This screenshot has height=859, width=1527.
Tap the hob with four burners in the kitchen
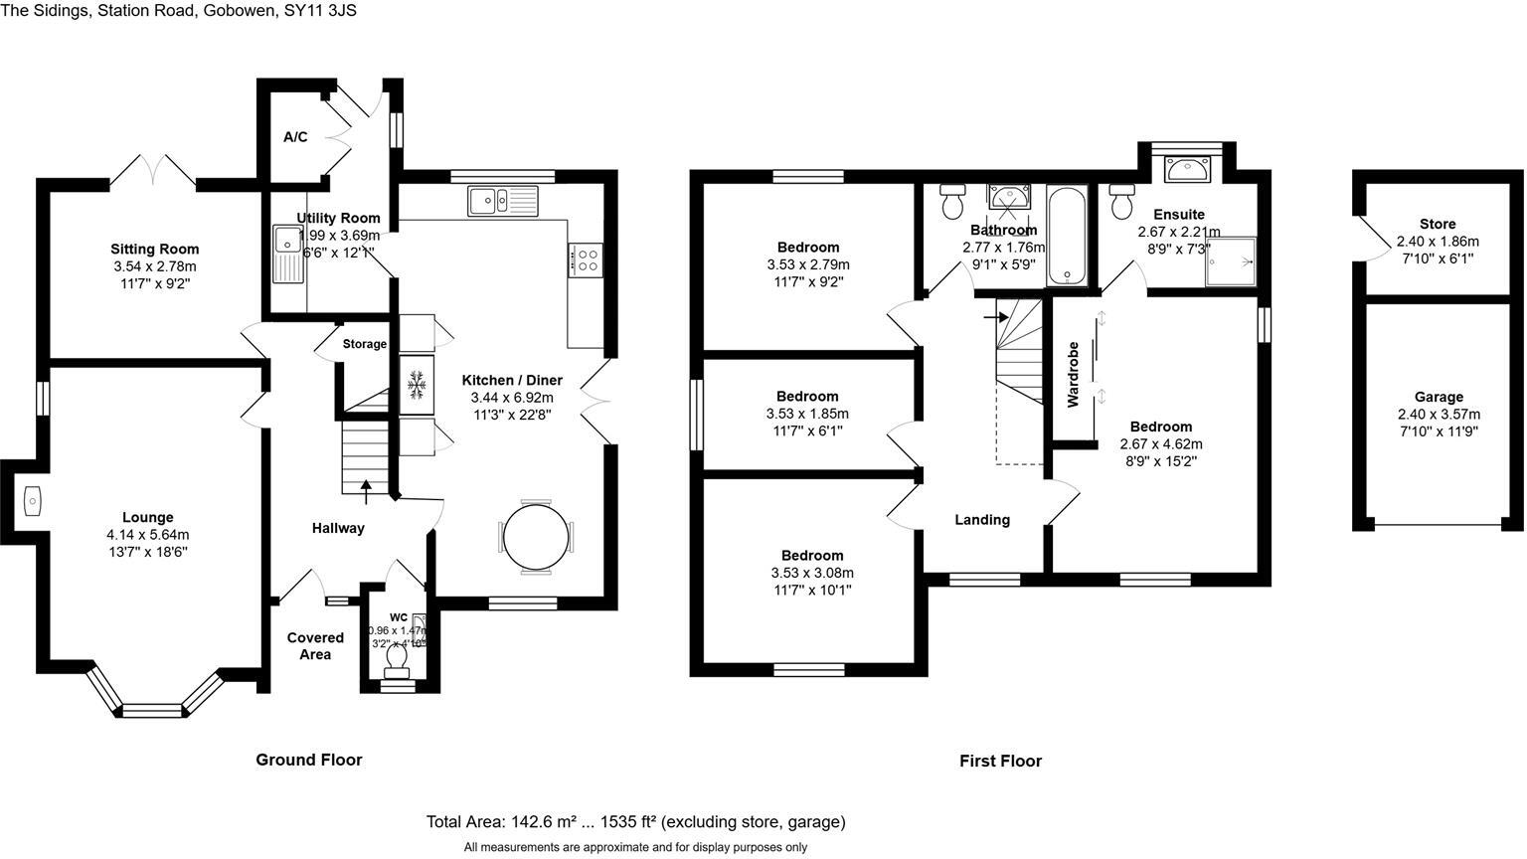(x=586, y=260)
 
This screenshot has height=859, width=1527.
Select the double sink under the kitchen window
(x=503, y=201)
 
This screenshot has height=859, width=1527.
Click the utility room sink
(x=288, y=254)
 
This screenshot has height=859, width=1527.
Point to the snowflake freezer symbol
(x=418, y=384)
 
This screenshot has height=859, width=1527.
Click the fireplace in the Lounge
(x=31, y=501)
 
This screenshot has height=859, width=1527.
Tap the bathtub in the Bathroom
(x=1070, y=236)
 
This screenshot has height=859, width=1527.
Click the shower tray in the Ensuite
(x=1231, y=260)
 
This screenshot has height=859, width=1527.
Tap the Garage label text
(x=1438, y=397)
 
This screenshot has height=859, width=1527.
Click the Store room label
(x=1438, y=225)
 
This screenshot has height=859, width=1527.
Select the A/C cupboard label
(x=295, y=137)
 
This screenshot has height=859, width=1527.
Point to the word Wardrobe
(x=1073, y=375)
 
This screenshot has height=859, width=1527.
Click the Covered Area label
(x=315, y=646)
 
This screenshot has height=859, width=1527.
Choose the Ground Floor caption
(x=309, y=760)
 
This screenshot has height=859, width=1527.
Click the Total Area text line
(x=635, y=822)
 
